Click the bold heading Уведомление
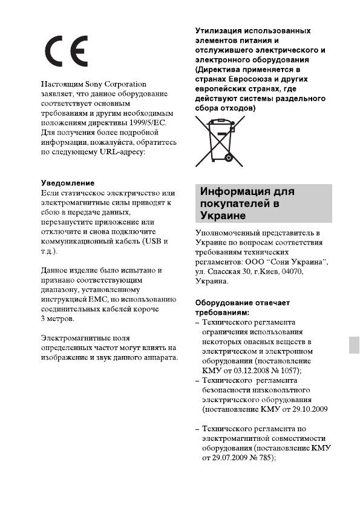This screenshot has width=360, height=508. (68, 182)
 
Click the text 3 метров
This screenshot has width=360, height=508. (58, 318)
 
